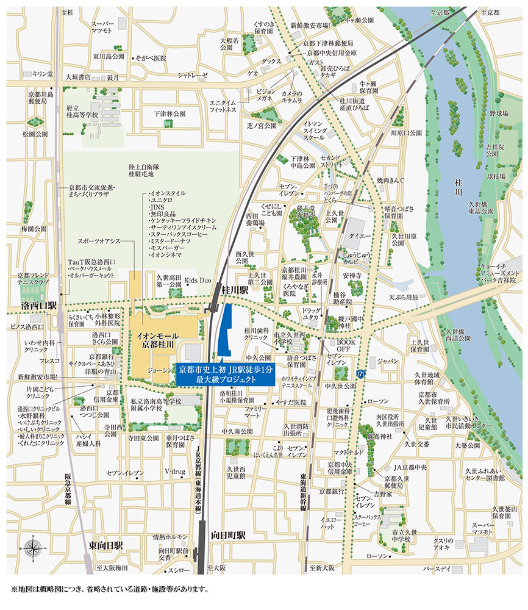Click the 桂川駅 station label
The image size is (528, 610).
click(x=236, y=292)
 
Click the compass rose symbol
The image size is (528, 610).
click(x=32, y=546)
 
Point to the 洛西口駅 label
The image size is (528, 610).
click(x=39, y=304)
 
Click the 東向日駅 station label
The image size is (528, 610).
click(x=105, y=545)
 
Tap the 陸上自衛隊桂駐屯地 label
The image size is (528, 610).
click(x=144, y=170)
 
